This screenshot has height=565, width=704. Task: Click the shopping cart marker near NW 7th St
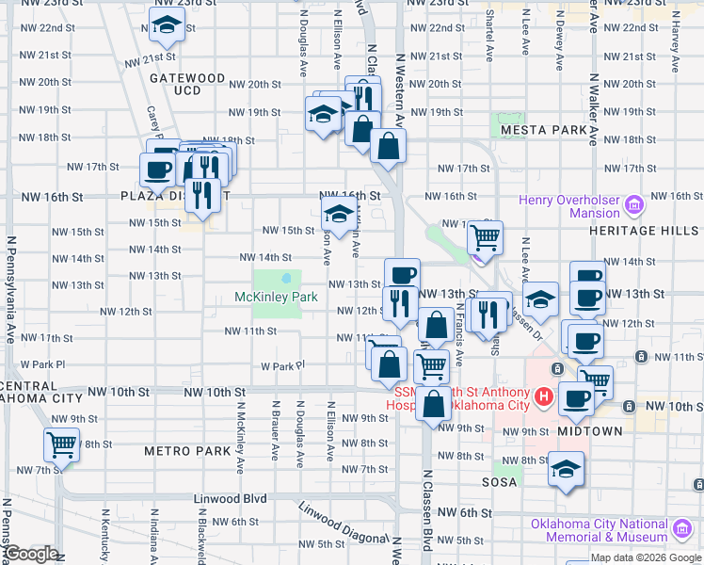tap(62, 444)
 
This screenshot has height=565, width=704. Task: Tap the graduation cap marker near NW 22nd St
tap(167, 26)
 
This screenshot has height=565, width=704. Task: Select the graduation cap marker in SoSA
tap(566, 469)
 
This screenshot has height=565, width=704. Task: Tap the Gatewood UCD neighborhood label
tap(187, 84)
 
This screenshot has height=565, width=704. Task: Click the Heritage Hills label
tap(646, 230)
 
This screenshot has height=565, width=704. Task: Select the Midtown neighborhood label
tap(589, 431)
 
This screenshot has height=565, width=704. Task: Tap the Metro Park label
tap(187, 451)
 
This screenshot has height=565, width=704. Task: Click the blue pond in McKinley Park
tap(285, 279)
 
